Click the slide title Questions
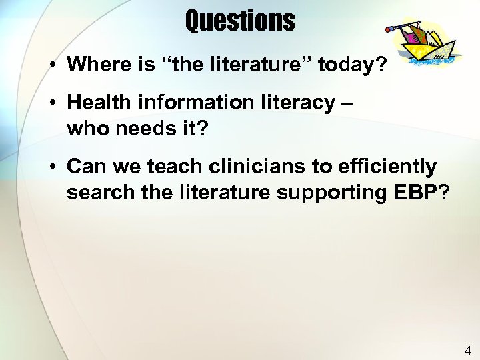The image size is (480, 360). click(x=240, y=21)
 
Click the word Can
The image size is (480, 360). click(x=86, y=165)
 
